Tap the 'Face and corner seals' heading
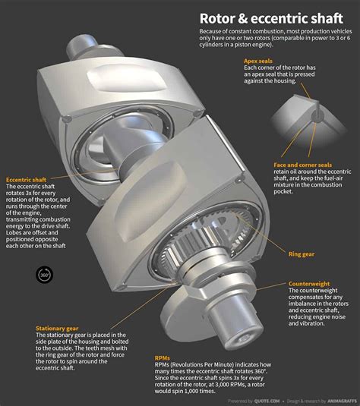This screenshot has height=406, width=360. [302, 164]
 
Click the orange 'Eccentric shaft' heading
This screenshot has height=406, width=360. [27, 179]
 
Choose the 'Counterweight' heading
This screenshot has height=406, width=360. [309, 284]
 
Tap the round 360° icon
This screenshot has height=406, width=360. [43, 275]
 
